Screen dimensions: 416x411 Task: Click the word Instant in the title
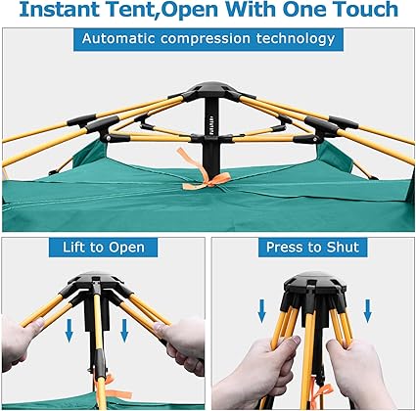(x=59, y=10)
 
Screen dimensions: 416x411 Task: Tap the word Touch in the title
(x=365, y=10)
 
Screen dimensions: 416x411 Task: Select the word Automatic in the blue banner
(x=118, y=38)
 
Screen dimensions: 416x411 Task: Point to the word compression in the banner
(x=206, y=39)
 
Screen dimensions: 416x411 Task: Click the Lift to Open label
(x=104, y=248)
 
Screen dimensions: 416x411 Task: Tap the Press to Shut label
(x=312, y=247)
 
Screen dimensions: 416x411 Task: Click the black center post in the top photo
(x=211, y=134)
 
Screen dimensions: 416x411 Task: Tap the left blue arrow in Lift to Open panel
(x=69, y=331)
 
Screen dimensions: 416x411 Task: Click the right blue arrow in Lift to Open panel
(x=124, y=331)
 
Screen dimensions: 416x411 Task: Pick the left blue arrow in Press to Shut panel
(x=261, y=311)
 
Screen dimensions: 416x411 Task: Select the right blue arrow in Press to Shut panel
(x=368, y=311)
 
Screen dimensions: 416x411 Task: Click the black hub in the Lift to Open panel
(x=95, y=281)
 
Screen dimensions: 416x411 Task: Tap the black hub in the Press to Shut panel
(x=315, y=284)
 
